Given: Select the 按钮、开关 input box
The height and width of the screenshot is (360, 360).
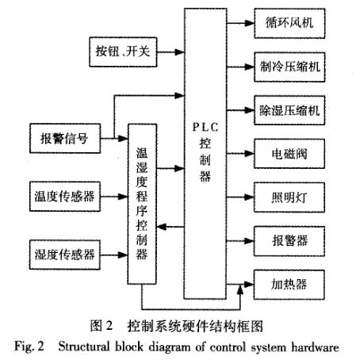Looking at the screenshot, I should (121, 53).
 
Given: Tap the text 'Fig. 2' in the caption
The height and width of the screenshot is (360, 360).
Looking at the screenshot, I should (33, 346).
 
